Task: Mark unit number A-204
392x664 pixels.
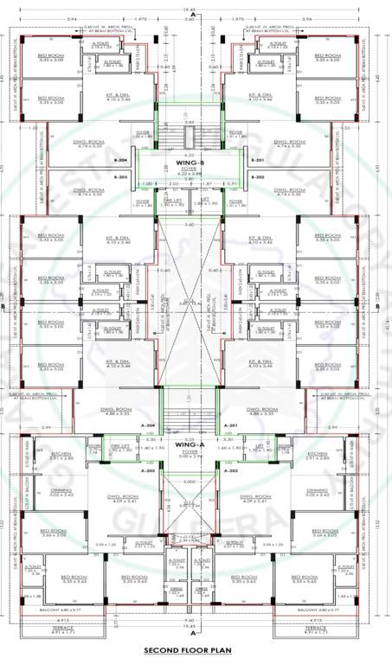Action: (149, 426)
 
